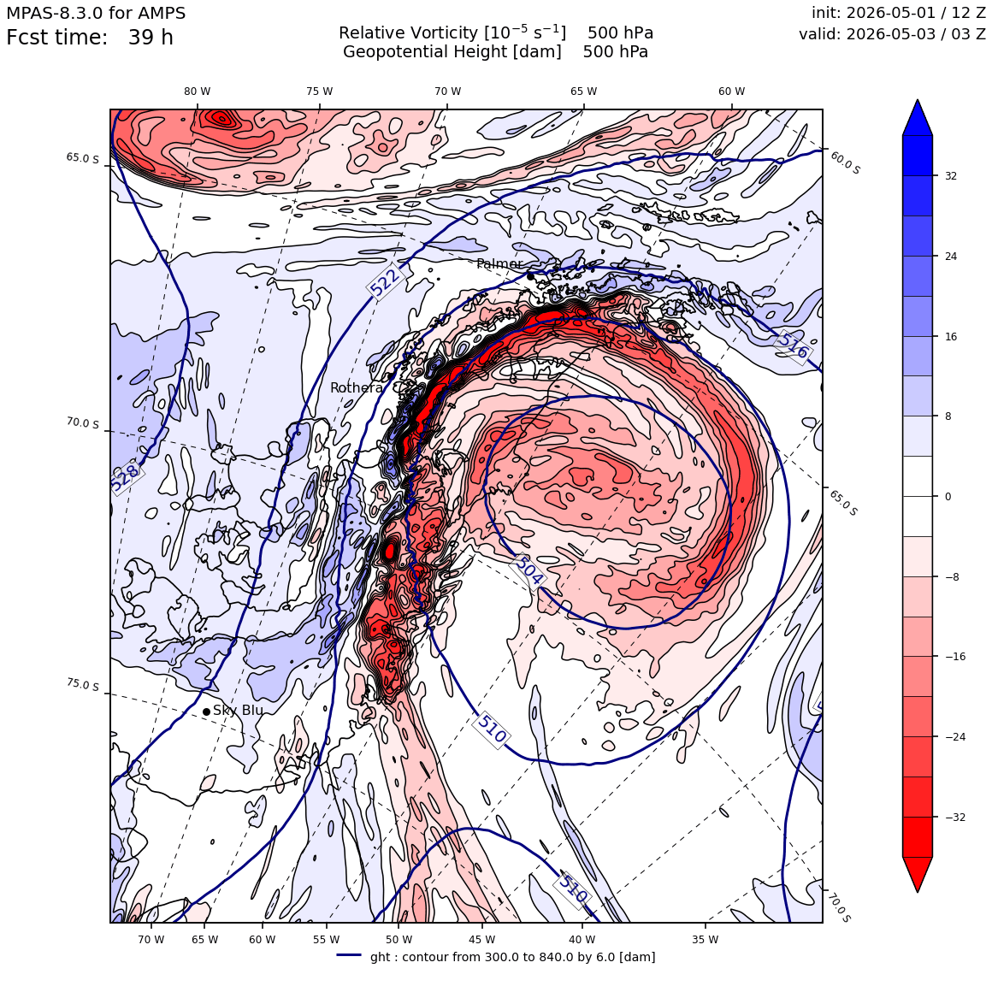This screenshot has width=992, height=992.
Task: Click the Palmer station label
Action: (499, 263)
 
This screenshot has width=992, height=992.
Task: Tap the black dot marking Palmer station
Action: (530, 276)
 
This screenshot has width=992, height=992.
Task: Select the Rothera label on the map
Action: (357, 387)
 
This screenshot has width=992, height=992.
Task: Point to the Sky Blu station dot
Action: (206, 712)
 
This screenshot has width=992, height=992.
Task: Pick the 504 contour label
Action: (528, 570)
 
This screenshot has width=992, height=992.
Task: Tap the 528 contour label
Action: (125, 478)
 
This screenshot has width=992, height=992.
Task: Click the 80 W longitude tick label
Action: (198, 92)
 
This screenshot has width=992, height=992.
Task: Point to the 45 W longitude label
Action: (482, 940)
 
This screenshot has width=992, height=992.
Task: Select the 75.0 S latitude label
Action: (83, 684)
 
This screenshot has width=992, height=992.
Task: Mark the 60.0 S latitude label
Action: (845, 162)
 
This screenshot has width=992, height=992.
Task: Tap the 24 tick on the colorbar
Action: (950, 257)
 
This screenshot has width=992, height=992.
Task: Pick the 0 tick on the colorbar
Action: (948, 497)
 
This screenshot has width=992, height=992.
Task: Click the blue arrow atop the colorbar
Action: (918, 118)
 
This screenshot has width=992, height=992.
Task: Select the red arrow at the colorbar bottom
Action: (918, 874)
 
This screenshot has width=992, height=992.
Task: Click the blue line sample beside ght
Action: (349, 955)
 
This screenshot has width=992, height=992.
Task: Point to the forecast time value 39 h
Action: (151, 38)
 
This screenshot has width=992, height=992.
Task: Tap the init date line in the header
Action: (899, 13)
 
